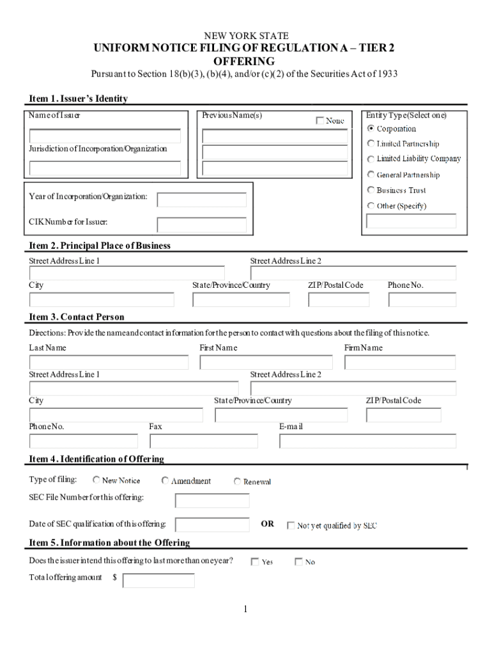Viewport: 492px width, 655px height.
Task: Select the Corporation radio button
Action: click(x=371, y=129)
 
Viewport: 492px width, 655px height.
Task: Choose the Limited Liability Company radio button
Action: click(x=371, y=159)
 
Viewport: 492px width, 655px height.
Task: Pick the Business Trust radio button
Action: click(x=371, y=190)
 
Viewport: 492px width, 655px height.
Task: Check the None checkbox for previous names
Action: click(x=320, y=120)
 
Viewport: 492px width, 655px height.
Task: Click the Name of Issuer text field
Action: click(x=105, y=136)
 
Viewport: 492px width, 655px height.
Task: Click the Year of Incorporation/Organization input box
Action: click(x=197, y=200)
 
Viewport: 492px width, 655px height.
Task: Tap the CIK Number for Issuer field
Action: click(x=197, y=225)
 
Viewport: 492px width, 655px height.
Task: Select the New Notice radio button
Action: click(x=96, y=480)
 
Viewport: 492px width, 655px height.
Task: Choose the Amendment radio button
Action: click(x=165, y=480)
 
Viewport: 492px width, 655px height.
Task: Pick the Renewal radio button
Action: click(x=238, y=482)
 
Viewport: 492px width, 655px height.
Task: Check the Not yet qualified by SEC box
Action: click(x=291, y=526)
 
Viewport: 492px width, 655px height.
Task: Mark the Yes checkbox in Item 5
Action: click(x=255, y=562)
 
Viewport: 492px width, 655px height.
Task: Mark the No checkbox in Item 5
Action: click(x=298, y=562)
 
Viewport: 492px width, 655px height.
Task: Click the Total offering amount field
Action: click(x=158, y=580)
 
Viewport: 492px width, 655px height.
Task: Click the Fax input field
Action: click(x=203, y=441)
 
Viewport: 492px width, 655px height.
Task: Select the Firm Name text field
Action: click(x=400, y=363)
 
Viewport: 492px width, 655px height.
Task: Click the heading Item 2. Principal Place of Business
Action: click(x=100, y=246)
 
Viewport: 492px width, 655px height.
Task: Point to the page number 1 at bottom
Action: click(x=245, y=610)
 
